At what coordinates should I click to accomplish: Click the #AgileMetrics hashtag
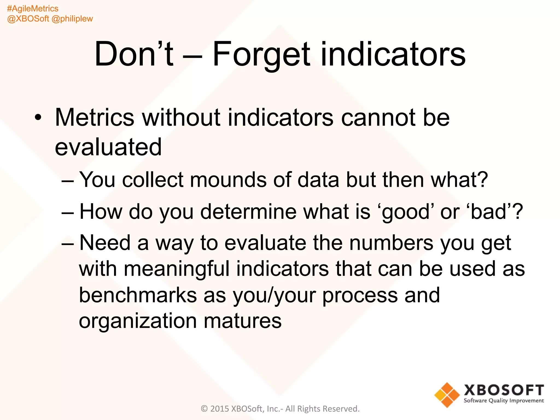33,8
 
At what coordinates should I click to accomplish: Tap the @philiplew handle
72,19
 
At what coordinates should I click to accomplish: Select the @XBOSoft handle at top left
28,19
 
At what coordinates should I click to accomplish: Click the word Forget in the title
261,54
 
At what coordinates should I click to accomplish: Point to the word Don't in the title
134,54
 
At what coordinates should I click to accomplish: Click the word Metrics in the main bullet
95,118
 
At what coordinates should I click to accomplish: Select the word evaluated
108,147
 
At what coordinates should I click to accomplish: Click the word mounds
228,180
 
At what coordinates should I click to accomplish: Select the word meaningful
176,269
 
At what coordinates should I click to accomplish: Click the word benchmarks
138,295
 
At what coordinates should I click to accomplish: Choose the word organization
138,321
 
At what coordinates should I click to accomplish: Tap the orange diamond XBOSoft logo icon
447,395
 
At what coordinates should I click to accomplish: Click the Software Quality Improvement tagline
504,401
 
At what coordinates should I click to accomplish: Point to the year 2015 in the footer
220,409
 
